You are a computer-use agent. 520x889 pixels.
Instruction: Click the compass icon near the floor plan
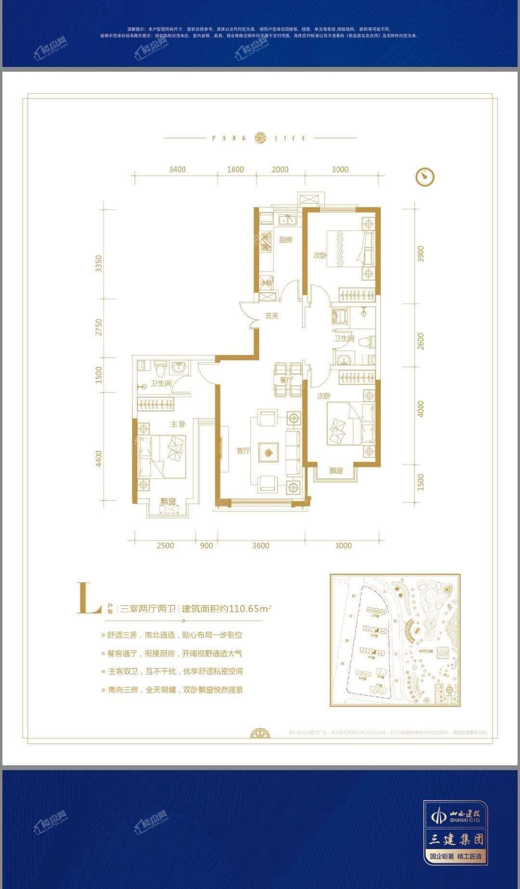click(425, 177)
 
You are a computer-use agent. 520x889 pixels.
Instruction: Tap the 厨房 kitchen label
click(286, 240)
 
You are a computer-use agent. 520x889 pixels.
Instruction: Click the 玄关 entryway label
click(272, 316)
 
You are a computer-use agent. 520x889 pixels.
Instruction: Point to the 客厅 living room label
click(244, 451)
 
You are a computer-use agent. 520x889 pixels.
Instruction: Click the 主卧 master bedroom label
click(177, 425)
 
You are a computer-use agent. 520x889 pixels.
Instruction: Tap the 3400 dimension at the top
click(177, 169)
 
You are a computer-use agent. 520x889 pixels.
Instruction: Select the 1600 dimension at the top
click(235, 169)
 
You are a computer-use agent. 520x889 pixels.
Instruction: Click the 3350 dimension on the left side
click(99, 264)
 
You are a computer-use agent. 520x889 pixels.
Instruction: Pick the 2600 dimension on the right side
click(421, 341)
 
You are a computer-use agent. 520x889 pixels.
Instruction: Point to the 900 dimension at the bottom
click(206, 545)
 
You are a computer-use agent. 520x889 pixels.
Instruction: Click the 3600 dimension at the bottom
click(260, 545)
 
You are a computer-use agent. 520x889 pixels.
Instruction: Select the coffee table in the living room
click(269, 452)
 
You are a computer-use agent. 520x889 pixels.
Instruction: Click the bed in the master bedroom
click(162, 456)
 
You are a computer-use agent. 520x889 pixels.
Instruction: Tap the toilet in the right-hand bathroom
click(369, 341)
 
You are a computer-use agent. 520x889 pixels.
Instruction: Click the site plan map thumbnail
click(395, 640)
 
